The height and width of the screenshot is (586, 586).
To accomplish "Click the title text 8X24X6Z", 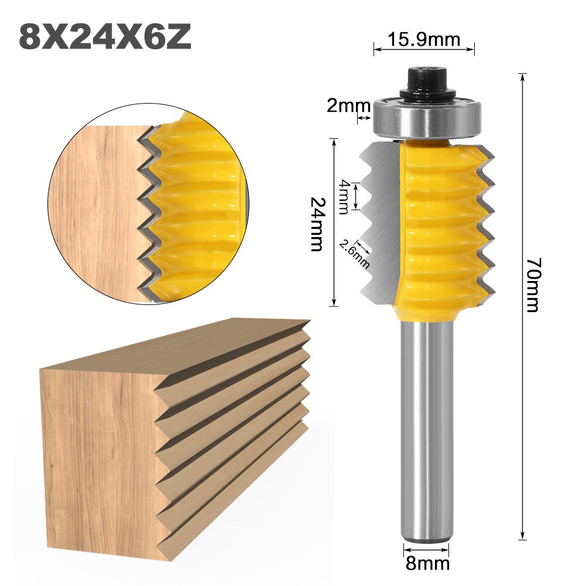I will pyautogui.click(x=105, y=36).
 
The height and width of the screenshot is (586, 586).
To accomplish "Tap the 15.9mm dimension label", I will pyautogui.click(x=424, y=39).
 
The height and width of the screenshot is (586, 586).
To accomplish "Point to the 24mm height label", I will pyautogui.click(x=317, y=223).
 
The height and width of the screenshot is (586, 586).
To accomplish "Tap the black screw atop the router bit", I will pyautogui.click(x=426, y=82).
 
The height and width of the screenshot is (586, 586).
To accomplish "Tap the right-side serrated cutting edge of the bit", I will pyautogui.click(x=486, y=228).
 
